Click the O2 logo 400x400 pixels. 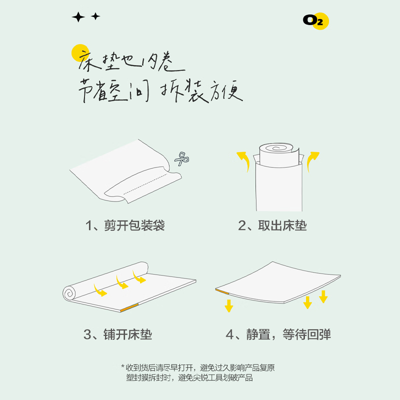(x=316, y=21)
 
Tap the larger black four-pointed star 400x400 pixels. (x=78, y=17)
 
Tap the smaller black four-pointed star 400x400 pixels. (x=95, y=16)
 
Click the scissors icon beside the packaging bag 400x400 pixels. (x=182, y=159)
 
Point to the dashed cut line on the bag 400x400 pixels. (x=146, y=184)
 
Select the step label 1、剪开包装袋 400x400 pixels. (x=125, y=225)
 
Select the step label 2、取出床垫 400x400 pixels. (x=272, y=225)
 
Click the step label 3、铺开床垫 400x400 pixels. (x=117, y=334)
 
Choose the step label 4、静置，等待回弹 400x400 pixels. (x=278, y=334)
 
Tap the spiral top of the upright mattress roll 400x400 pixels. (x=276, y=148)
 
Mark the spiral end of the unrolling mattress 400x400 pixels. (x=69, y=293)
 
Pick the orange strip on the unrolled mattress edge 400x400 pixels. (x=129, y=307)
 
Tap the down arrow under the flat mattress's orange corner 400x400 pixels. (x=229, y=305)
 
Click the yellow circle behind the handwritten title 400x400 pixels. (x=80, y=53)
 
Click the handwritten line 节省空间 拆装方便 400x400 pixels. (x=160, y=91)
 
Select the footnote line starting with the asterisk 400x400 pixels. (x=198, y=368)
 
